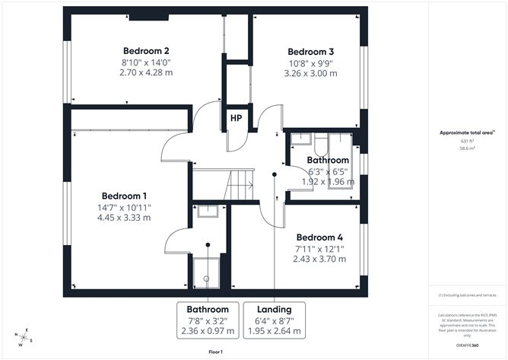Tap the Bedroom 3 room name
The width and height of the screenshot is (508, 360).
pyautogui.click(x=311, y=52)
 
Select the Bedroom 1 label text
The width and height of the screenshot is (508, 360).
pyautogui.click(x=125, y=196)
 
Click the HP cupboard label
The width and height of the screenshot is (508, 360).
pyautogui.click(x=237, y=119)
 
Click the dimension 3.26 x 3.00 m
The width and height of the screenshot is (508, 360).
pyautogui.click(x=311, y=75)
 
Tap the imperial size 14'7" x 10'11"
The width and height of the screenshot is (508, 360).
pyautogui.click(x=125, y=207)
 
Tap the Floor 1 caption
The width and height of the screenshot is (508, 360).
pyautogui.click(x=218, y=353)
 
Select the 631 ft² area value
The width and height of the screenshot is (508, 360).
pyautogui.click(x=467, y=142)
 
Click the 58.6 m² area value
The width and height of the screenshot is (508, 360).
pyautogui.click(x=467, y=148)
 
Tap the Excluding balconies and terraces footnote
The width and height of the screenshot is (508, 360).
pyautogui.click(x=467, y=295)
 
